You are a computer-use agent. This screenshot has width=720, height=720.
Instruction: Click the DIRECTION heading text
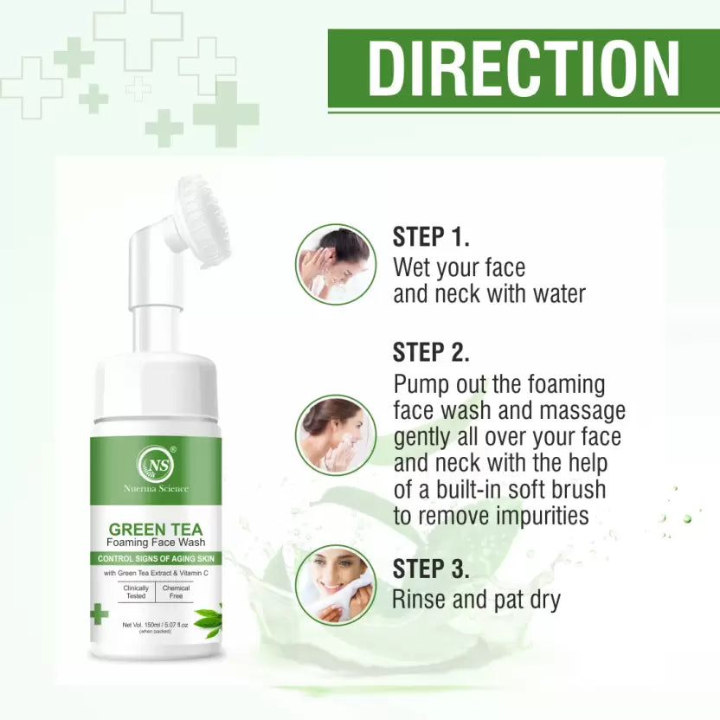(524, 68)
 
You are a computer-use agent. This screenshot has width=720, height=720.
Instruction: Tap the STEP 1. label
(431, 238)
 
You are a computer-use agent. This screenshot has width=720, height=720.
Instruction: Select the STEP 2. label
(431, 352)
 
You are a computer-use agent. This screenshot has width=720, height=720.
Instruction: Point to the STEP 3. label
(431, 569)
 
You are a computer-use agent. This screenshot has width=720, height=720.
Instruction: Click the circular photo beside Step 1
(335, 263)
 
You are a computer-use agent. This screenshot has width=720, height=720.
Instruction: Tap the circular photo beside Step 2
(335, 434)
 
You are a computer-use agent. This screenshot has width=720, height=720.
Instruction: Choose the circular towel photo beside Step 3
(335, 582)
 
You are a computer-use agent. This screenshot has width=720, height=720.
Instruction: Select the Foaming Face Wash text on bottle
(156, 543)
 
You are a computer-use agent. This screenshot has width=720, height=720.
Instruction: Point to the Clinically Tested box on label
(136, 591)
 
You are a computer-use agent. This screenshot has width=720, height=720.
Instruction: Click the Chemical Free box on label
(176, 591)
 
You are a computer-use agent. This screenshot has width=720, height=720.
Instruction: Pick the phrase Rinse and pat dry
(476, 598)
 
